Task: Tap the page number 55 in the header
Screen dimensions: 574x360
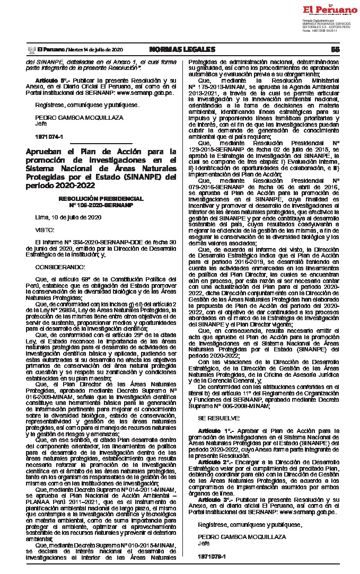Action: pos(335,49)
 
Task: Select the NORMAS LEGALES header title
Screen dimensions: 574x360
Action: pos(182,49)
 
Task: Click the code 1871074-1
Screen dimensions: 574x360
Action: pos(48,136)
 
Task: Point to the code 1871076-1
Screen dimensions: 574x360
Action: pos(211,556)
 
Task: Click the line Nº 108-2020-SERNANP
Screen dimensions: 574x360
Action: pos(101,204)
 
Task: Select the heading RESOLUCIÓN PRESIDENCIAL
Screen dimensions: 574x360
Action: pos(101,198)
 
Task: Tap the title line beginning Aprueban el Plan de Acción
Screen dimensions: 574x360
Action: pos(101,152)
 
